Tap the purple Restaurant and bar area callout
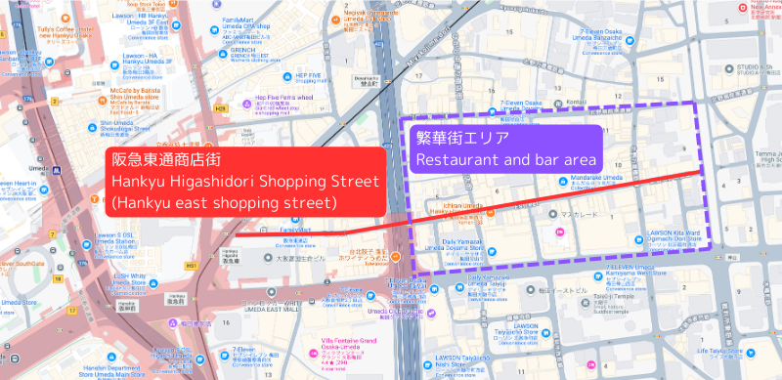coord(505,149)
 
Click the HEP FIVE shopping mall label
coord(309,76)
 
